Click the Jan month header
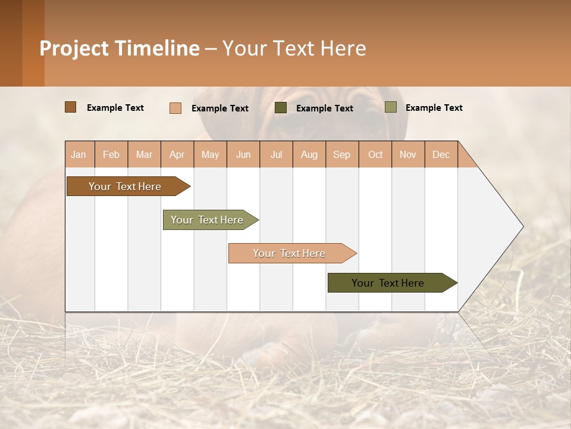tap(79, 154)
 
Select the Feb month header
tap(111, 154)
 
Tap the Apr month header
tap(177, 154)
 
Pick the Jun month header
tap(243, 154)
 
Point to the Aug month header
tap(309, 154)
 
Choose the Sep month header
tap(342, 154)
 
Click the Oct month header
tap(375, 154)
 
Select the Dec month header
tap(441, 154)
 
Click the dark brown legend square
tap(71, 107)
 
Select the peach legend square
tap(175, 108)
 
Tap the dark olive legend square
tap(281, 108)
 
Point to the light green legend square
tap(391, 107)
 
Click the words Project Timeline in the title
tap(120, 48)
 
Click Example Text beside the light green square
tap(434, 108)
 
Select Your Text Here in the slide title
tap(294, 48)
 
